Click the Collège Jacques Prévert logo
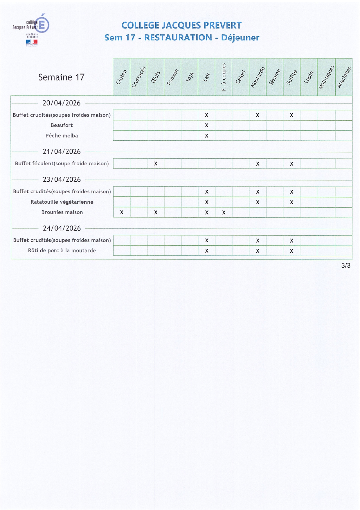pyautogui.click(x=30, y=29)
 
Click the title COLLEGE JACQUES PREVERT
pyautogui.click(x=181, y=25)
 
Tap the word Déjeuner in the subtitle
pyautogui.click(x=240, y=37)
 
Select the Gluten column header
pyautogui.click(x=121, y=77)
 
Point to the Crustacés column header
pyautogui.click(x=138, y=77)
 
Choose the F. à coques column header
pyautogui.click(x=224, y=77)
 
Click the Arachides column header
pyautogui.click(x=344, y=77)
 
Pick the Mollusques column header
pyautogui.click(x=326, y=77)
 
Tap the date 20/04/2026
pyautogui.click(x=62, y=103)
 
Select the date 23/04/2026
pyautogui.click(x=62, y=180)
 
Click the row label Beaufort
pyautogui.click(x=62, y=125)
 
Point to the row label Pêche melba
pyautogui.click(x=62, y=136)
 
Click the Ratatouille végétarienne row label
pyautogui.click(x=62, y=202)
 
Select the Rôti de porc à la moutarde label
pyautogui.click(x=62, y=250)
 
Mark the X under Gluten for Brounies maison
pyautogui.click(x=122, y=212)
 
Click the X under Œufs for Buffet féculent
pyautogui.click(x=156, y=164)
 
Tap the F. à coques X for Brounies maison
pyautogui.click(x=224, y=212)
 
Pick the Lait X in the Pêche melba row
pyautogui.click(x=206, y=136)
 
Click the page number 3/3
pyautogui.click(x=346, y=266)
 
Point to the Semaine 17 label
pyautogui.click(x=61, y=77)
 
